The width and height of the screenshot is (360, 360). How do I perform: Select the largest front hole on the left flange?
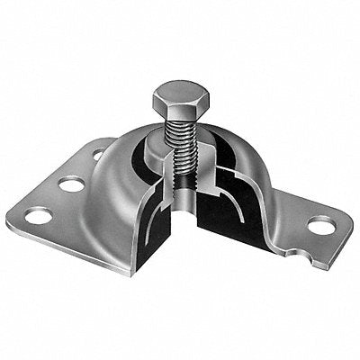[38, 216]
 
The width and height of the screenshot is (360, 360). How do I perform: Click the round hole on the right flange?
[319, 225]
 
